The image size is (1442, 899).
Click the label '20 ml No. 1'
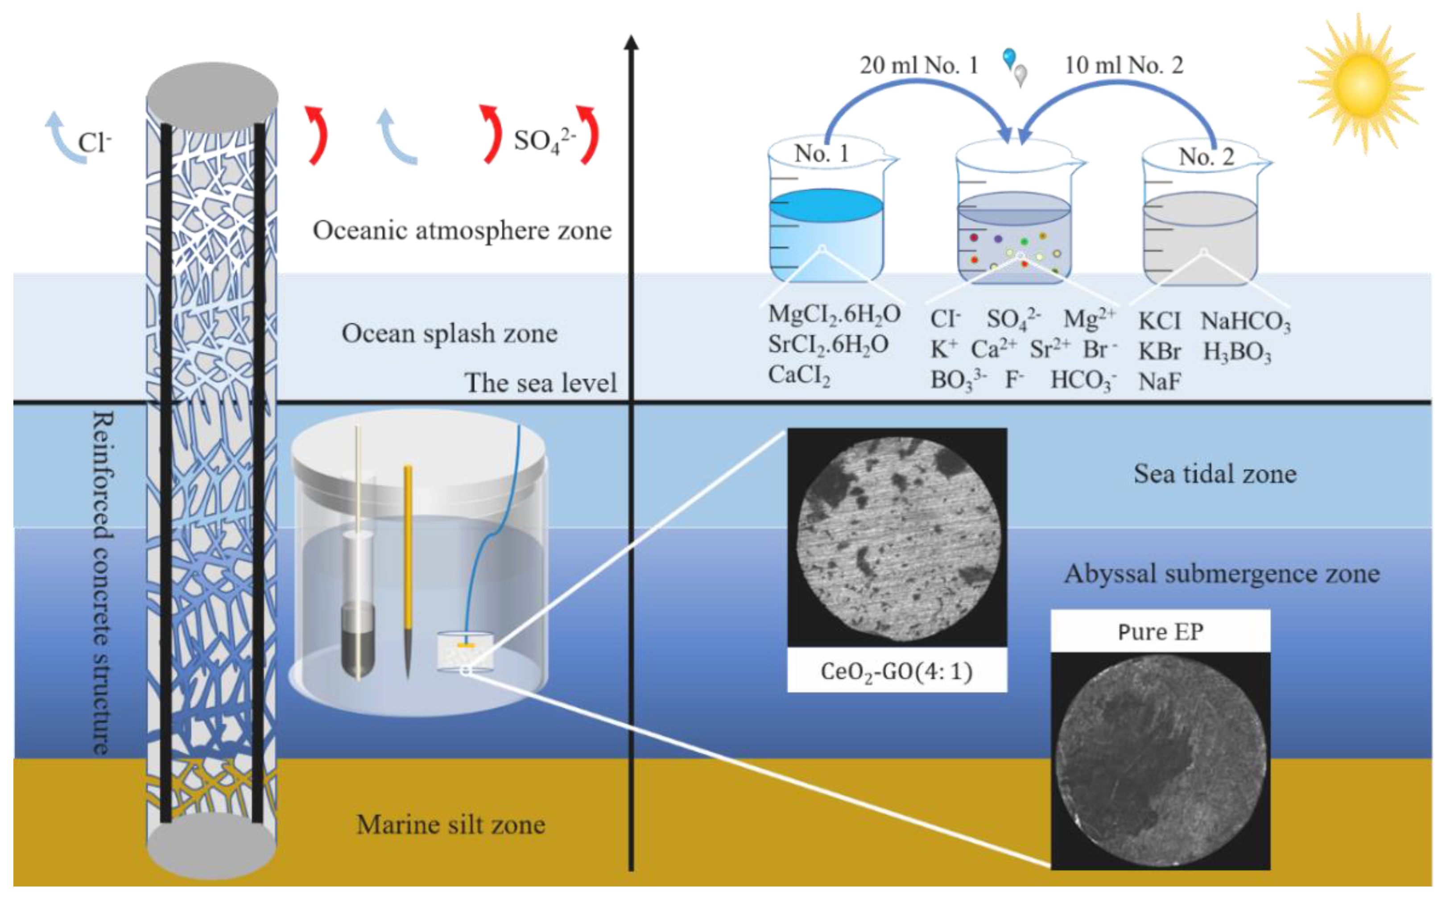[919, 66]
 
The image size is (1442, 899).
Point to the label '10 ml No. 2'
[1124, 66]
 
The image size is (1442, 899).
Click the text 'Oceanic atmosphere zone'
[462, 231]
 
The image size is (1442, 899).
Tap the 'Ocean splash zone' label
[449, 334]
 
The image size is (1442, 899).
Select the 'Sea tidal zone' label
[1215, 474]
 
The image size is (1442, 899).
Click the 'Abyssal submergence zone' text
[1222, 574]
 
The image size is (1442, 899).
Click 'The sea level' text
[540, 383]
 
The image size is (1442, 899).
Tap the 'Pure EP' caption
[1160, 631]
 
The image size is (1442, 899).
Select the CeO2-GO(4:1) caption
[897, 671]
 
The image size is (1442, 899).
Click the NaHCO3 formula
[1245, 322]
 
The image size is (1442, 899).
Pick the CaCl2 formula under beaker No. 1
[799, 376]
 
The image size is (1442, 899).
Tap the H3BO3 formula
[1237, 352]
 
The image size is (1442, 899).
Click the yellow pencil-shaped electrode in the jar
[408, 565]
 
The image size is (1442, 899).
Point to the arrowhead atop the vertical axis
[631, 43]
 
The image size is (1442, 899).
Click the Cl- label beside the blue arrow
[95, 143]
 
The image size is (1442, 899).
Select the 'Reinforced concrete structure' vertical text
[102, 583]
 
